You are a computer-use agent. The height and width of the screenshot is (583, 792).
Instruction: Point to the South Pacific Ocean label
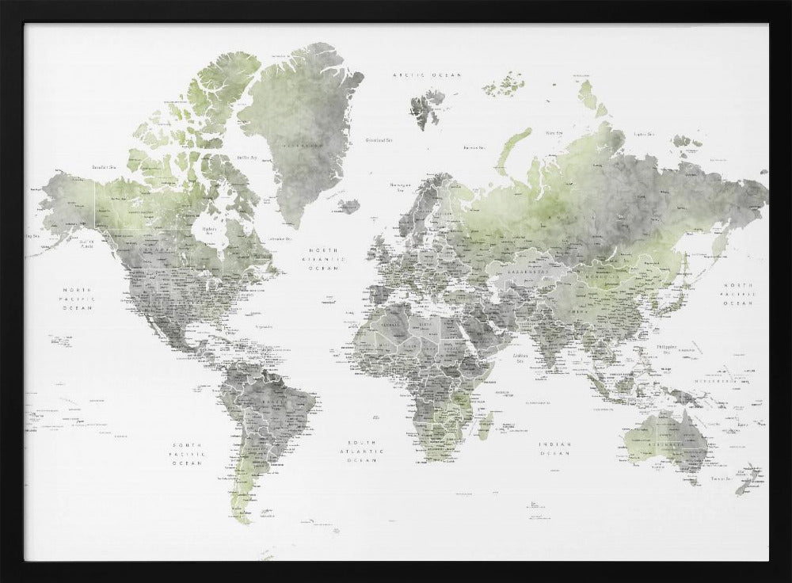pos(188,454)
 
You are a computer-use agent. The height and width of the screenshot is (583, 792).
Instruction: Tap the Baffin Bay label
pos(246,158)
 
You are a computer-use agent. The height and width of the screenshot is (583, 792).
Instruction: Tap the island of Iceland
pos(348,206)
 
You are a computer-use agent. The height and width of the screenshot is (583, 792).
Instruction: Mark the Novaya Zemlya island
pos(511,151)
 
